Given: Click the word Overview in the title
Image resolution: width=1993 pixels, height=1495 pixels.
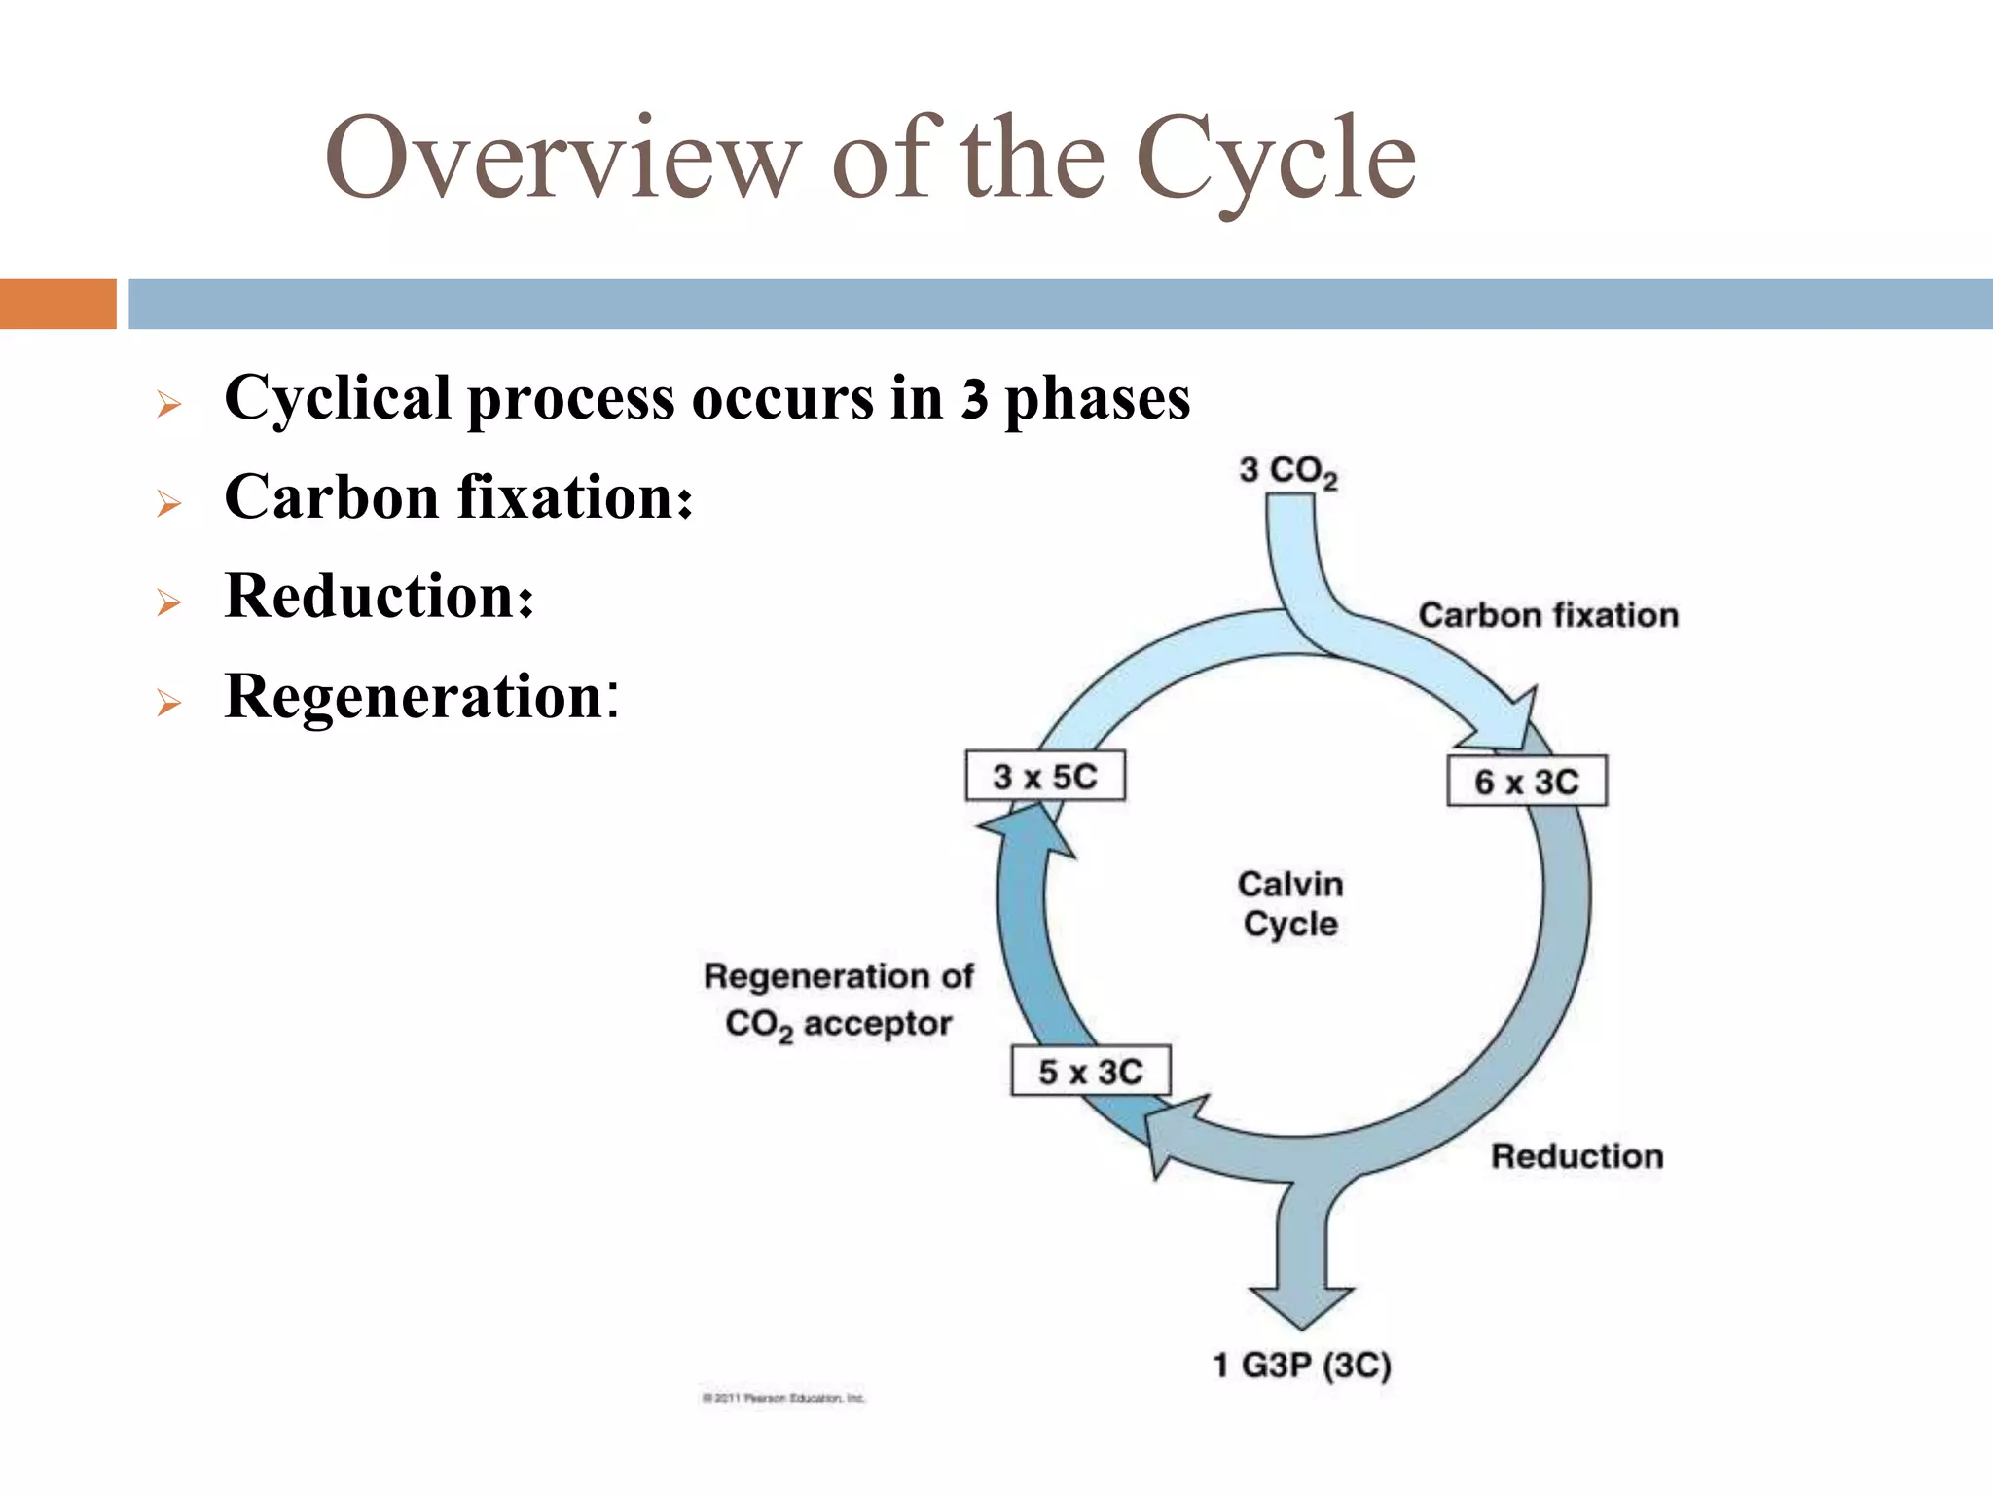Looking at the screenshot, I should [562, 158].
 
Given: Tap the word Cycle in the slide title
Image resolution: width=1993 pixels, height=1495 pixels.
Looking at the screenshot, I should [1274, 158].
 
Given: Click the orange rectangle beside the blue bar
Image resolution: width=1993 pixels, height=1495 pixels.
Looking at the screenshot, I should [57, 304].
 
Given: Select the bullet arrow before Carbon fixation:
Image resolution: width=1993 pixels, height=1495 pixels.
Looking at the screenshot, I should [169, 503].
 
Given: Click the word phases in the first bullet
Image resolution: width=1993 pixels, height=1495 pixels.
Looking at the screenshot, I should [1097, 398].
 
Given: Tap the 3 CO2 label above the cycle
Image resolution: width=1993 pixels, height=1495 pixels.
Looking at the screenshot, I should [1287, 471].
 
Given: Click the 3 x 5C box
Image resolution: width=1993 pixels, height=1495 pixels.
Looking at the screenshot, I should [1045, 776].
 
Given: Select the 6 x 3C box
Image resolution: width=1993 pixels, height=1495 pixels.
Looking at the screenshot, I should [1526, 781].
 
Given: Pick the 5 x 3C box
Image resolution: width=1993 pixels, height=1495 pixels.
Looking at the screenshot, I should [1090, 1071].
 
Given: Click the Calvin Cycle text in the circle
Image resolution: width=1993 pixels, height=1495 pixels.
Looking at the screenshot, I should [1290, 903].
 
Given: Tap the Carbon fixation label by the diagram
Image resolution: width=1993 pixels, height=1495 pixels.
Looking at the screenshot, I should [1547, 615].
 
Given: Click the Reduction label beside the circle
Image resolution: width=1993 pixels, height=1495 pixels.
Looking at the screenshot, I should [1576, 1156].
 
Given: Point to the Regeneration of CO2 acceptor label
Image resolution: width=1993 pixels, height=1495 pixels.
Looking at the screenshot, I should [838, 999].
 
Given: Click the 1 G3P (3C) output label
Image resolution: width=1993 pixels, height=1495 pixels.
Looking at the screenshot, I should [1301, 1365].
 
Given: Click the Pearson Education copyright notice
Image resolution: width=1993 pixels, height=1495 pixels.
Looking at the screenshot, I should [782, 1398].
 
